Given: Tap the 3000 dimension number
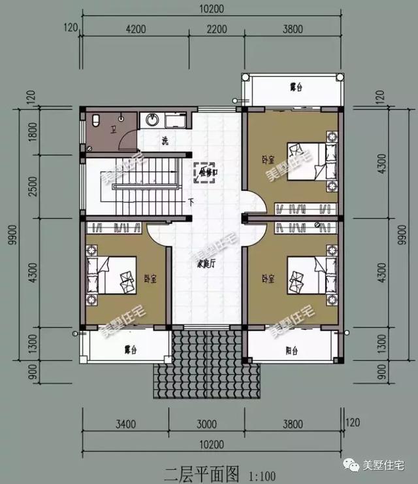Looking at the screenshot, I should tap(208, 423).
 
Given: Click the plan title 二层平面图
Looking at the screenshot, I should tap(194, 472).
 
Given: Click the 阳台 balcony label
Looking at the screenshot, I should tap(292, 351).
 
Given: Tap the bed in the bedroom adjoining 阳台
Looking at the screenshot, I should tap(308, 278).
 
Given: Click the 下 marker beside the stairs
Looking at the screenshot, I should tap(191, 201).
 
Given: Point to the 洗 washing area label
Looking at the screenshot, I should tap(165, 141).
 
